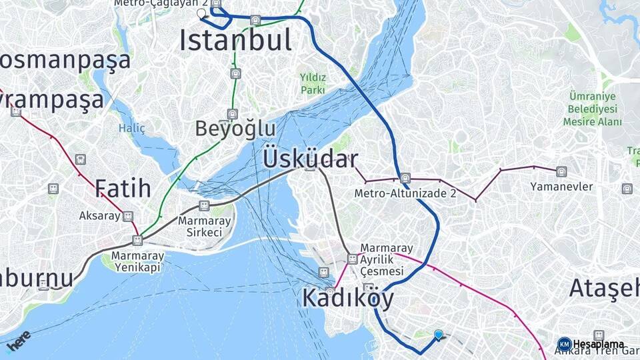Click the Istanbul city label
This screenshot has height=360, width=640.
tap(235, 41)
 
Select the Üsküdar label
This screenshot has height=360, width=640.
tap(311, 159)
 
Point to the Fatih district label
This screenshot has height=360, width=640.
tap(123, 188)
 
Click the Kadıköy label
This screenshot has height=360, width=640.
tap(348, 298)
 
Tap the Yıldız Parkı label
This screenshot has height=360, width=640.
tap(313, 83)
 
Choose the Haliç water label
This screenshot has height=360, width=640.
tap(131, 128)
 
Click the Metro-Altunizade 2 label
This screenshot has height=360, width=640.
tap(405, 193)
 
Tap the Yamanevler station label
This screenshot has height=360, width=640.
tap(562, 187)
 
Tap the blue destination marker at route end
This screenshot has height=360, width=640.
tap(438, 334)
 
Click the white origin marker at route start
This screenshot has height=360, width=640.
tap(202, 13)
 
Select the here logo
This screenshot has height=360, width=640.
tap(19, 341)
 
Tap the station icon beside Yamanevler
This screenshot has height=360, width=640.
tap(561, 172)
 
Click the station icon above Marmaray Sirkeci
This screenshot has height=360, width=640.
tap(204, 205)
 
